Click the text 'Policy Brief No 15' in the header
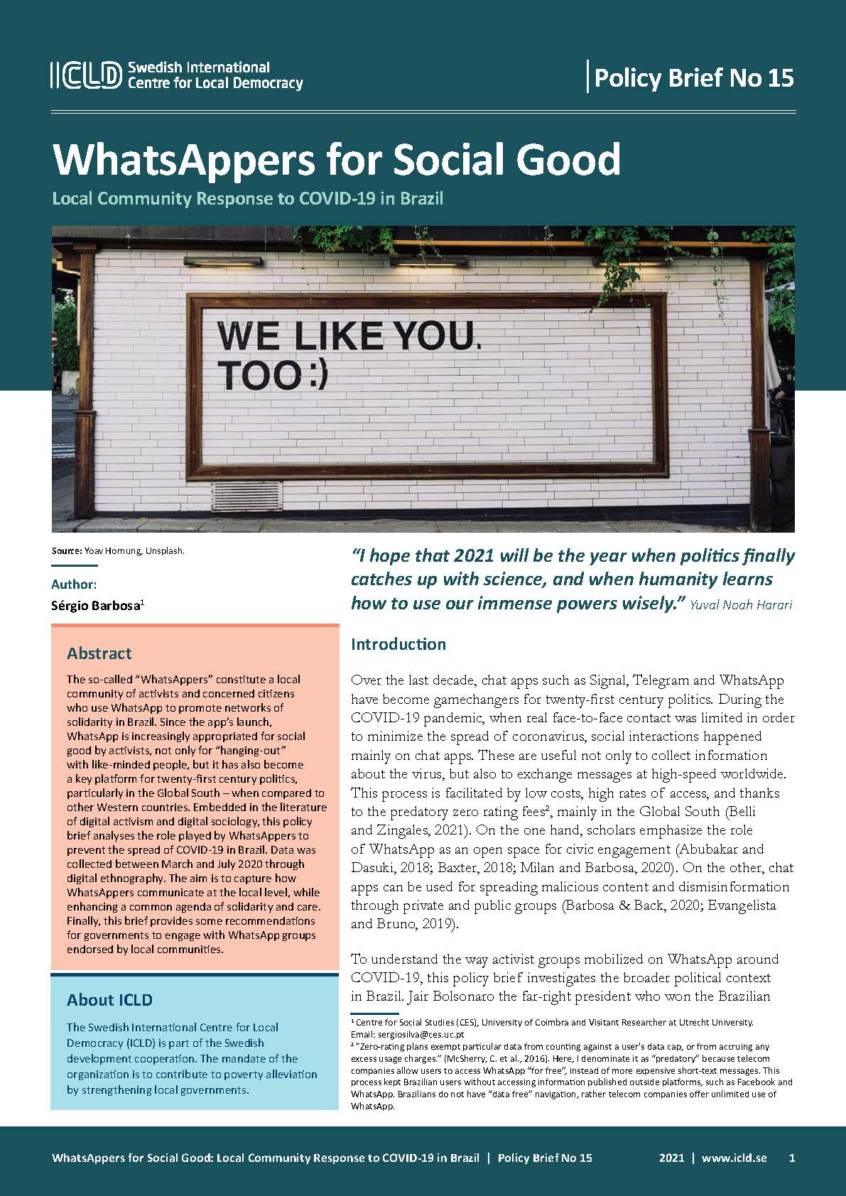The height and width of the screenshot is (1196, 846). pos(693,77)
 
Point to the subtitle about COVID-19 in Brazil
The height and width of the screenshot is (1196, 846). pos(247,198)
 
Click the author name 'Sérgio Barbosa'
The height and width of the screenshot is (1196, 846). pos(96,606)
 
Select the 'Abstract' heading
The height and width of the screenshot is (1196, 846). pos(99,653)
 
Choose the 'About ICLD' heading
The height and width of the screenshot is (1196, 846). pos(109,1000)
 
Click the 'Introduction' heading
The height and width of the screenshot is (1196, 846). pos(398,644)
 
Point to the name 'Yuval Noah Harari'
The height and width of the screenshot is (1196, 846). pos(741,606)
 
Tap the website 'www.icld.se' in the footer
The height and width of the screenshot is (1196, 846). pos(734,1158)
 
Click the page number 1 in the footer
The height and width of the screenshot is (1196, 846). pos(791,1158)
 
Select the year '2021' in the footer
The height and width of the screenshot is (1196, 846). pos(671,1158)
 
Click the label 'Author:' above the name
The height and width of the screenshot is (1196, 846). pos(74,585)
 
